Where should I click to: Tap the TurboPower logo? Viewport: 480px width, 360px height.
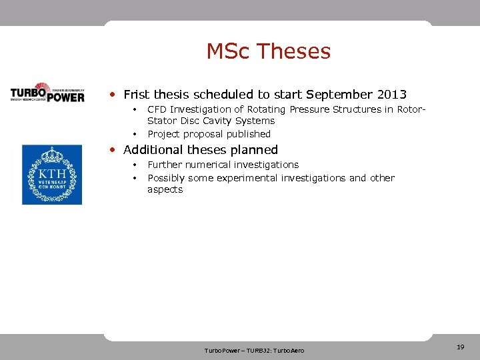[x=47, y=93]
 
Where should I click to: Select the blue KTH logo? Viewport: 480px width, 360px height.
[x=52, y=175]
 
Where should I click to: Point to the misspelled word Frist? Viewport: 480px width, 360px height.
[x=137, y=95]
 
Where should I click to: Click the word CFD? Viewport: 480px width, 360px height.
[x=157, y=109]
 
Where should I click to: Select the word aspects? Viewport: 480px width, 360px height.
[x=165, y=190]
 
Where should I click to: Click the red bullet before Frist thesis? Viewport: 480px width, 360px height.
[x=115, y=95]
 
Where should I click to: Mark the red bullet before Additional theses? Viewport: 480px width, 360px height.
[x=115, y=150]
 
